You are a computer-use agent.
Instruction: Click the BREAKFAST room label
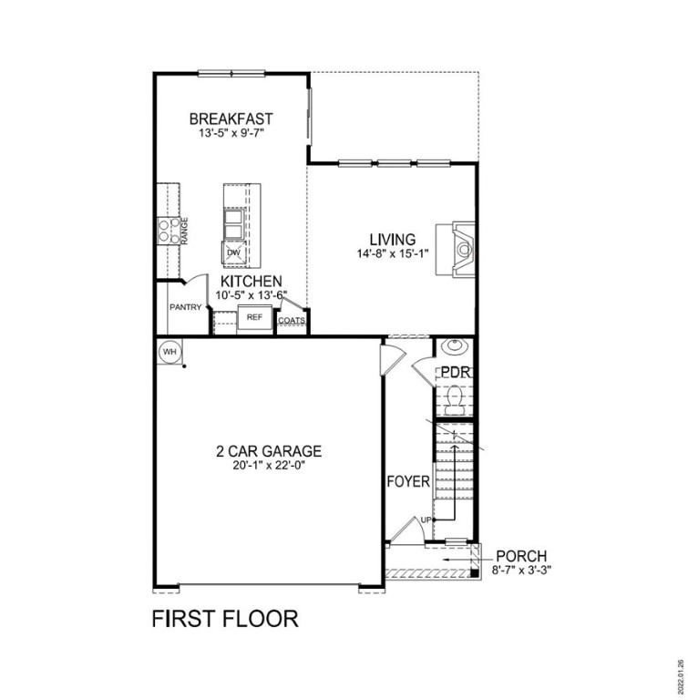231,118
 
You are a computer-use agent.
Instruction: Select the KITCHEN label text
250,282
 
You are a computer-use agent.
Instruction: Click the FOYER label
407,481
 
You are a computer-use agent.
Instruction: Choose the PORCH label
521,556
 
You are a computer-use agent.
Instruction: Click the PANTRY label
185,307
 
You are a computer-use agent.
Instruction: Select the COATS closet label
291,321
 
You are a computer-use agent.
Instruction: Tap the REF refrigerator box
254,318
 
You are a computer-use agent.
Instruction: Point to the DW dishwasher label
232,252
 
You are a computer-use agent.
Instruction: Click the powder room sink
454,348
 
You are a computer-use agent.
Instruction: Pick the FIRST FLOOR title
224,619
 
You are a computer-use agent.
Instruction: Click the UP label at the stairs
425,520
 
